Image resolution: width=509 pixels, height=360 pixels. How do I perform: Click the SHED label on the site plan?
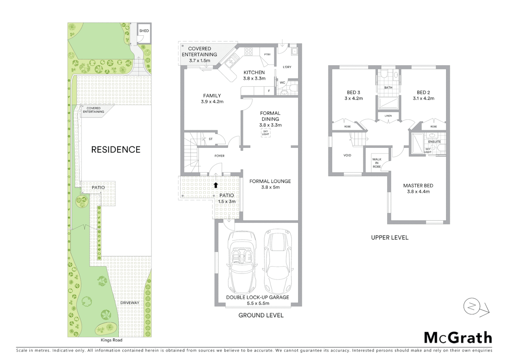144,31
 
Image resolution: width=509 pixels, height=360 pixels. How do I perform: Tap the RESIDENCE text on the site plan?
116,150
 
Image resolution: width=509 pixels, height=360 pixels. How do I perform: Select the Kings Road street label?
111,340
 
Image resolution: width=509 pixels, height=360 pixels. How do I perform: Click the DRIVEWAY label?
130,303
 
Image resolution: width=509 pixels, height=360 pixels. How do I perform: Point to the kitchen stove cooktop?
249,51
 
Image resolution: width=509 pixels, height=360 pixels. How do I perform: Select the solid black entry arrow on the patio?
216,185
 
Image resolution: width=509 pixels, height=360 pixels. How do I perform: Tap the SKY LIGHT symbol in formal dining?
265,133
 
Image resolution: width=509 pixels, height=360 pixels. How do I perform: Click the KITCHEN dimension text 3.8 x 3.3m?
254,78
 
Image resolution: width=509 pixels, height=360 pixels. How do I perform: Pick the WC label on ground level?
282,82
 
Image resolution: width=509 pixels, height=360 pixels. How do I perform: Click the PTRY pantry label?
267,54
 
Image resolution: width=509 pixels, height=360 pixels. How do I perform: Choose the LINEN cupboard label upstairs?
388,116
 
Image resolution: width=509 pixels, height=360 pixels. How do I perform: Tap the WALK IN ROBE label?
377,163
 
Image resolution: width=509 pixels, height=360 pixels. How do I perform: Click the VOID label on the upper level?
347,155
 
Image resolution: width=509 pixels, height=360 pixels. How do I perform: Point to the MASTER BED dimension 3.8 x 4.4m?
418,192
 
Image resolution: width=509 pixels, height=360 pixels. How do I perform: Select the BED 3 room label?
353,92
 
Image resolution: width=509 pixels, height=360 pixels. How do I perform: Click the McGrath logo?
458,338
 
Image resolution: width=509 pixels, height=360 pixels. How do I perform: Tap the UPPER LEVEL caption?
389,238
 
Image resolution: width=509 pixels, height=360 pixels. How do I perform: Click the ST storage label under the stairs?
211,139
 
